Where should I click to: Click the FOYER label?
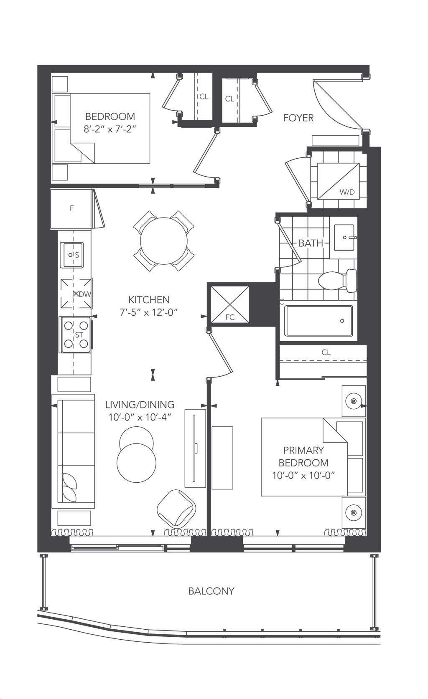[298, 118]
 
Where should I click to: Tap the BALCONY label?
[211, 591]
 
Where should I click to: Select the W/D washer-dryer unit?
[338, 181]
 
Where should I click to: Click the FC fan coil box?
[230, 304]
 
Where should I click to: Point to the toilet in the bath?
[337, 280]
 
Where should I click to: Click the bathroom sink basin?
[344, 238]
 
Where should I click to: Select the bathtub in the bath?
[318, 321]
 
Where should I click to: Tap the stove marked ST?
[76, 334]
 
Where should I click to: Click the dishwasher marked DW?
[76, 293]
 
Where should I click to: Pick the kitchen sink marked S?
[71, 255]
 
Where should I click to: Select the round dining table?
[164, 241]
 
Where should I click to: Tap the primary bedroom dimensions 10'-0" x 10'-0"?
[303, 475]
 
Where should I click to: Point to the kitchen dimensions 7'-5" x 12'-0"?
[149, 312]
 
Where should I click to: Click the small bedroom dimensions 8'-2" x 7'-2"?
[110, 129]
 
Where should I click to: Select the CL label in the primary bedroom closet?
[326, 352]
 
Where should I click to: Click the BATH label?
[311, 243]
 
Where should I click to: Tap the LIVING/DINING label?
[140, 405]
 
